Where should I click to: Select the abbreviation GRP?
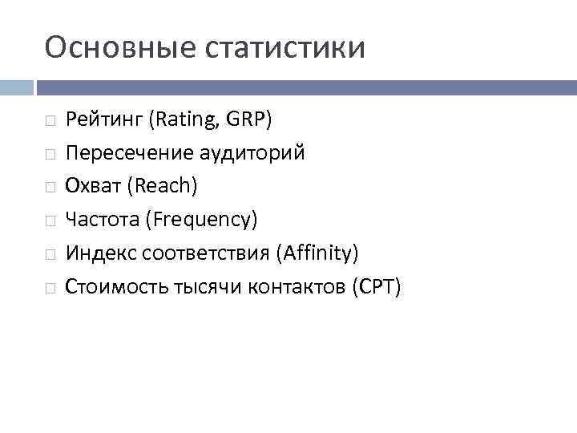[x=250, y=120]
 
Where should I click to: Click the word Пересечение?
[x=129, y=153]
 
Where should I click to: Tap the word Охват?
[x=91, y=185]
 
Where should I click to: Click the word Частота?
[x=99, y=219]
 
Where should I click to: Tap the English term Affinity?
[x=317, y=253]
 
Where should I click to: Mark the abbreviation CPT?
[x=375, y=286]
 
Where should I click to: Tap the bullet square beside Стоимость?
[x=50, y=287]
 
